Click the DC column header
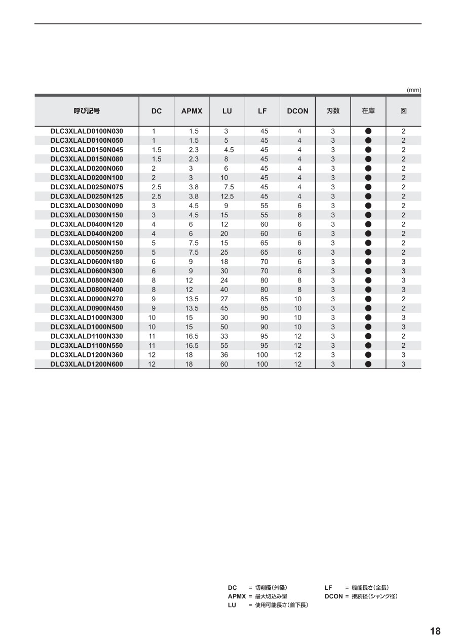[x=157, y=111]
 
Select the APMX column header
[x=192, y=111]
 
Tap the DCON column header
[x=297, y=111]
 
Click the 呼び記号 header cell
[x=87, y=111]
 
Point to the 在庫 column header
[x=368, y=111]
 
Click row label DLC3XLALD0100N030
[x=87, y=131]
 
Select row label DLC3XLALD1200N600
[x=87, y=364]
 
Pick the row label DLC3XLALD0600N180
[x=87, y=262]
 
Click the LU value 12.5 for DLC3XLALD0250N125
[x=227, y=196]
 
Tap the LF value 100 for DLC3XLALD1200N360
[x=262, y=355]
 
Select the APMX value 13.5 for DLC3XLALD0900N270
[x=192, y=299]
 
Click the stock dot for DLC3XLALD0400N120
[x=368, y=224]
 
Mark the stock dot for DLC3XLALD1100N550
[x=368, y=346]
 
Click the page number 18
[x=435, y=631]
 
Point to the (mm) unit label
[x=414, y=90]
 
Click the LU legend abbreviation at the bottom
[x=233, y=605]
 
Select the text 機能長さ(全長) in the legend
[x=370, y=588]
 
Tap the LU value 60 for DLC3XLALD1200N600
[x=224, y=364]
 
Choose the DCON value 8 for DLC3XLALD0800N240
[x=299, y=280]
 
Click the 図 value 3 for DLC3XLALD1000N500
[x=403, y=327]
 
